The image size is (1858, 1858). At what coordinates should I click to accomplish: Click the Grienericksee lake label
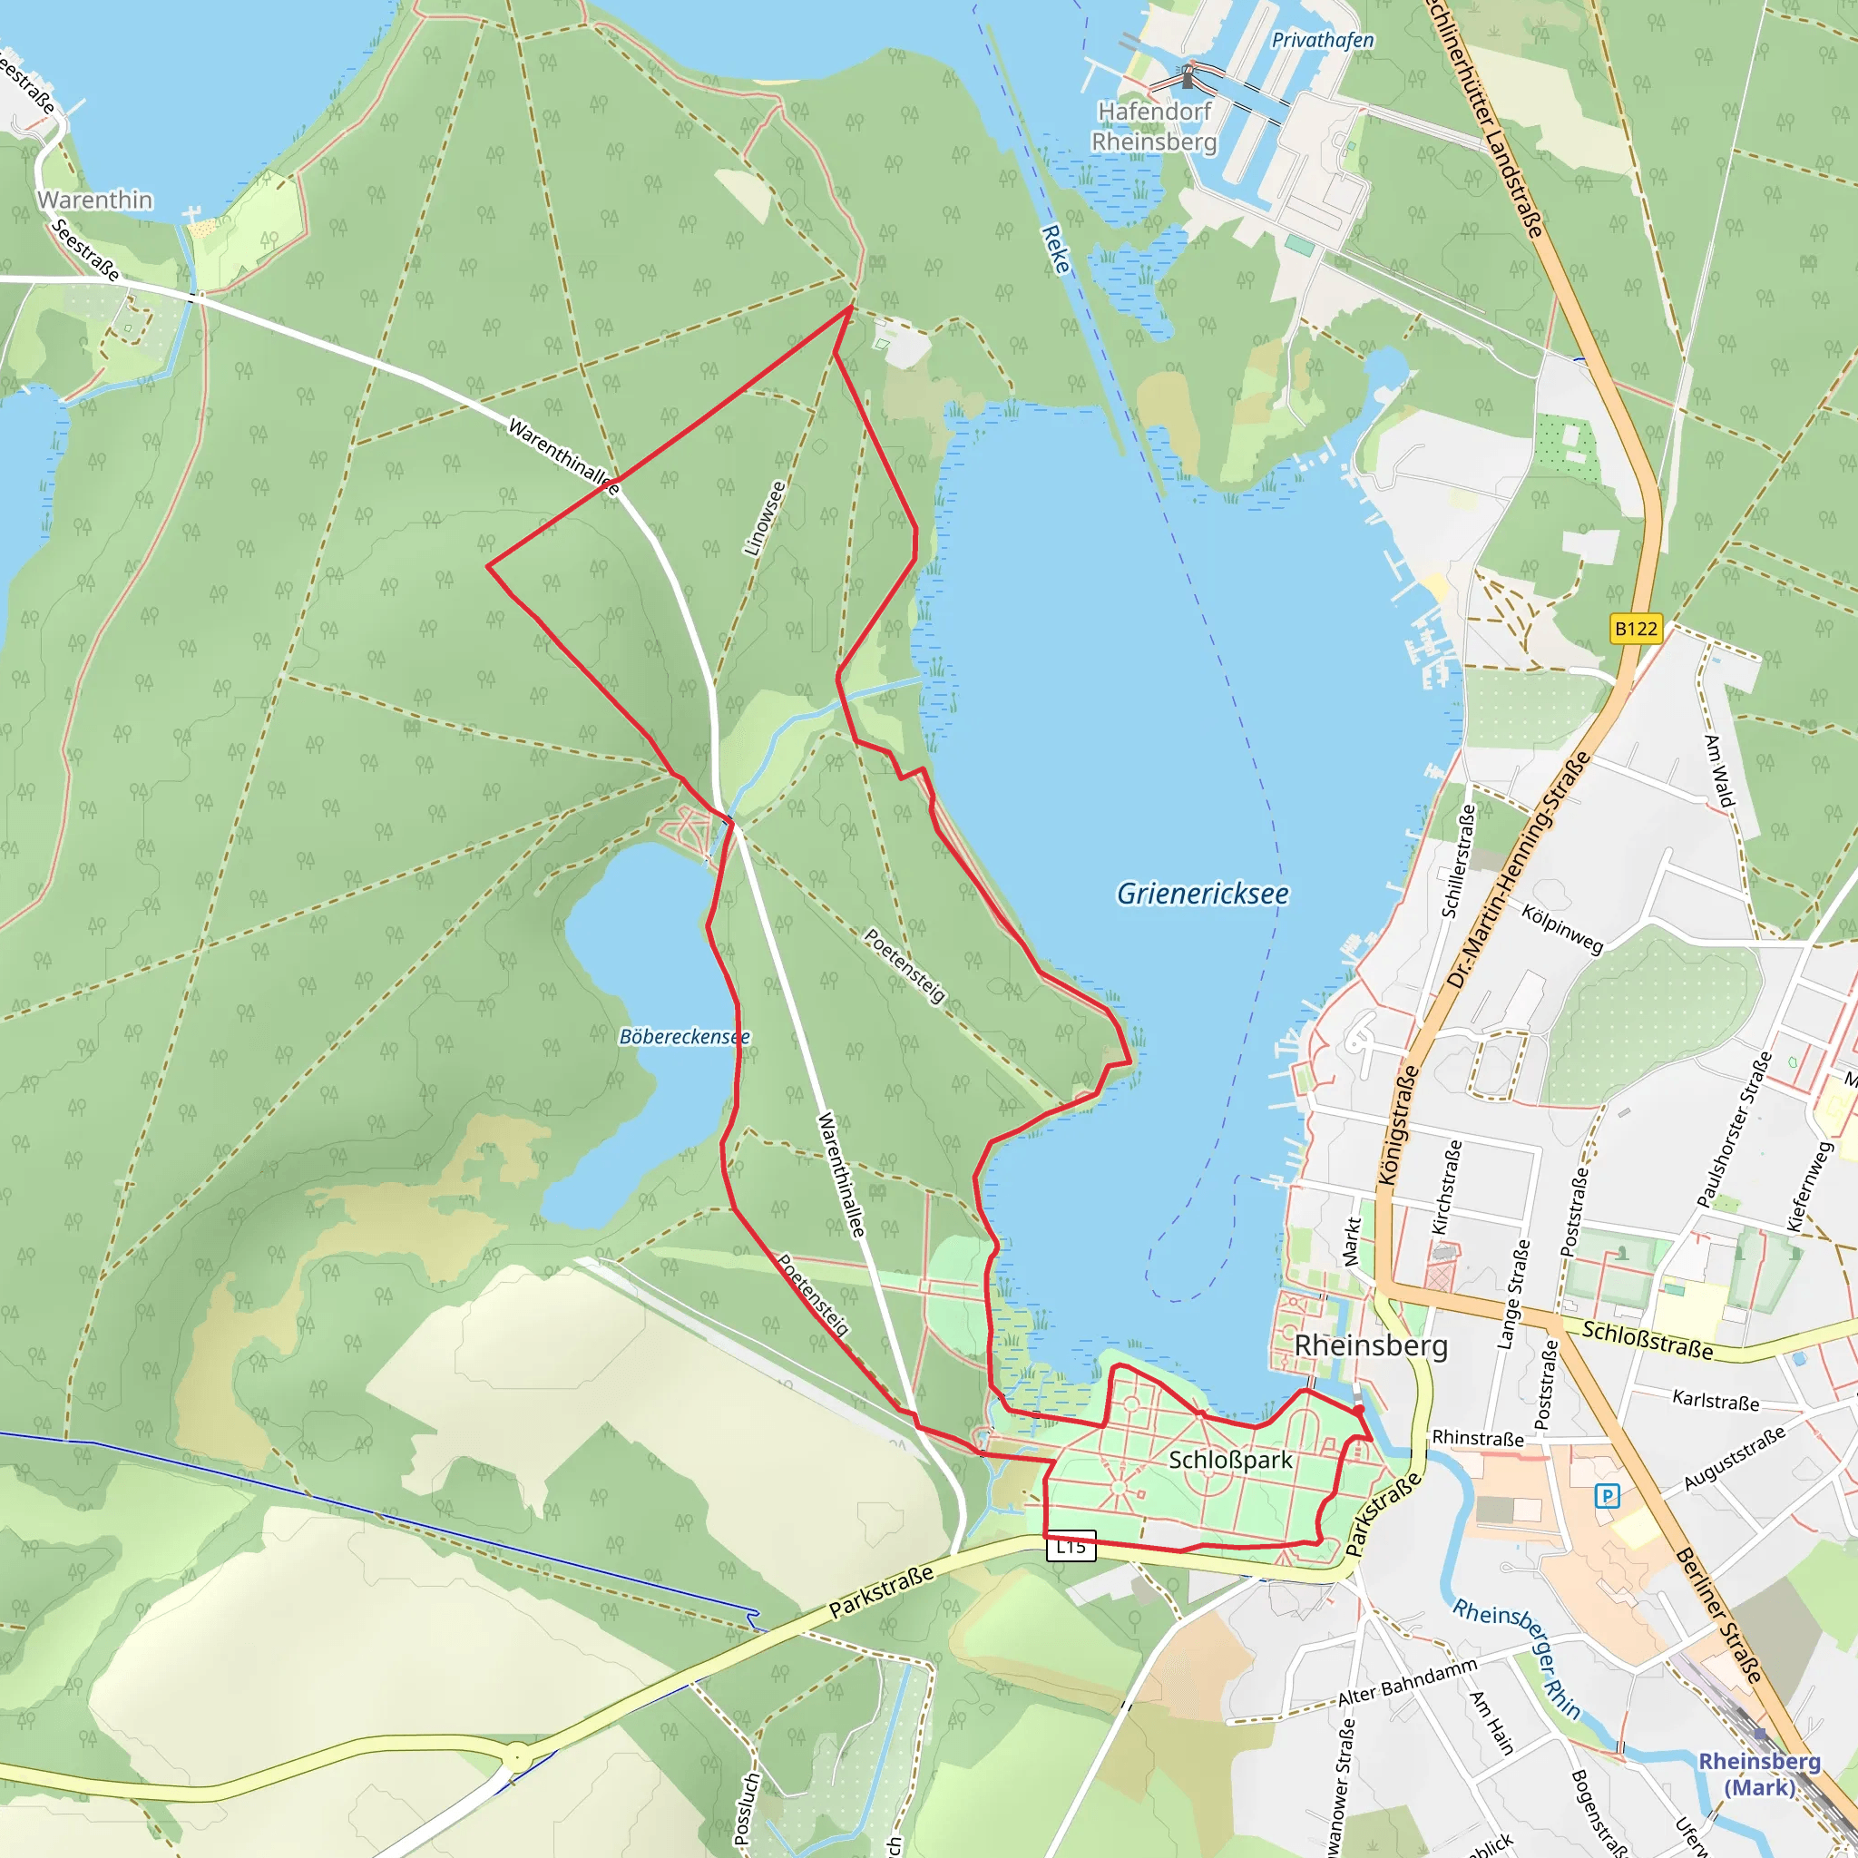[1202, 895]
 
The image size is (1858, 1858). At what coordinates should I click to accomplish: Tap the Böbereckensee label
[684, 1037]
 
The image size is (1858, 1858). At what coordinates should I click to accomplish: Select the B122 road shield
[1636, 629]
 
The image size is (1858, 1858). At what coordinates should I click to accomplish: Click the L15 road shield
[1071, 1547]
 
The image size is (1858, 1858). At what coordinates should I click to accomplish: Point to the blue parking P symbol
[1607, 1495]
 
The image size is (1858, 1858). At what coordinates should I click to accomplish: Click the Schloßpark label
[1230, 1460]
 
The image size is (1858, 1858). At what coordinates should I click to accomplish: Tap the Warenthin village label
[94, 200]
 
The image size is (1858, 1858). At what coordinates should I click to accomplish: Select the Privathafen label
[1323, 41]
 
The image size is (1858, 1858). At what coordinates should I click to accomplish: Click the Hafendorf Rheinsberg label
[1154, 127]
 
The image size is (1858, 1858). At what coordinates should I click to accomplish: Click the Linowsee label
[765, 518]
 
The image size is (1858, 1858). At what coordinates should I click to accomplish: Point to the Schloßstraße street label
[1648, 1340]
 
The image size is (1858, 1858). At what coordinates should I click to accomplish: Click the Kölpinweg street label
[1562, 928]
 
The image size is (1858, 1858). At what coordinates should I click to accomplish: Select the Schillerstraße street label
[1458, 862]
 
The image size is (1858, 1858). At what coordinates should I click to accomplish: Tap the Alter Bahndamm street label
[1407, 1682]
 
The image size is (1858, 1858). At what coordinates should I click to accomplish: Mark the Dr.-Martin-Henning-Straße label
[1519, 870]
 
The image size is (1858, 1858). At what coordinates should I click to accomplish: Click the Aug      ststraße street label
[1734, 1459]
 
